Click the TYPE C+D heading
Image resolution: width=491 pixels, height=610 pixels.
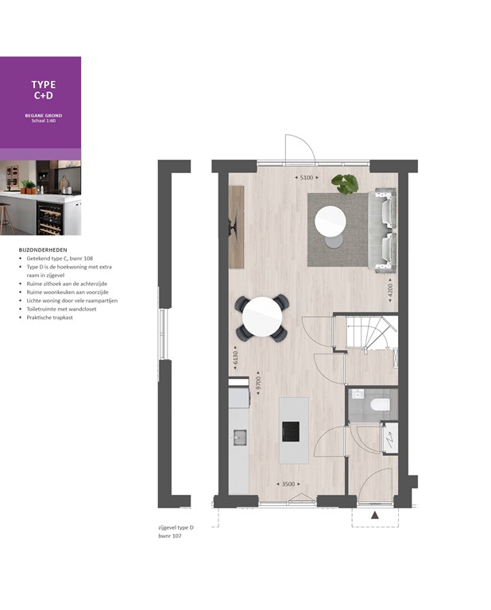[x=43, y=91]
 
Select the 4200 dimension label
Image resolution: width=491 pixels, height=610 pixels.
[x=390, y=289]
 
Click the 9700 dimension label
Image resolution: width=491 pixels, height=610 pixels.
[x=259, y=381]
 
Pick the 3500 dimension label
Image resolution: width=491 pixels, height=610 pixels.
[x=285, y=484]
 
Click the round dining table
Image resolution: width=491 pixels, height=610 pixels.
[x=262, y=317]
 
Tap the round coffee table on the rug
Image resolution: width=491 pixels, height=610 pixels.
[x=331, y=222]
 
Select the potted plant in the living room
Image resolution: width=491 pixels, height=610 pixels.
[x=346, y=183]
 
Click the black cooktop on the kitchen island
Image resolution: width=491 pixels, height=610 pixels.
[x=291, y=431]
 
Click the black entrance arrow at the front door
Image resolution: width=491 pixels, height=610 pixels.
[x=375, y=515]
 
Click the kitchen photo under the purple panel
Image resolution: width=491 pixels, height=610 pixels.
[x=41, y=198]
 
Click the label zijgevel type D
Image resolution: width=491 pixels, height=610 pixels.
[x=176, y=528]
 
